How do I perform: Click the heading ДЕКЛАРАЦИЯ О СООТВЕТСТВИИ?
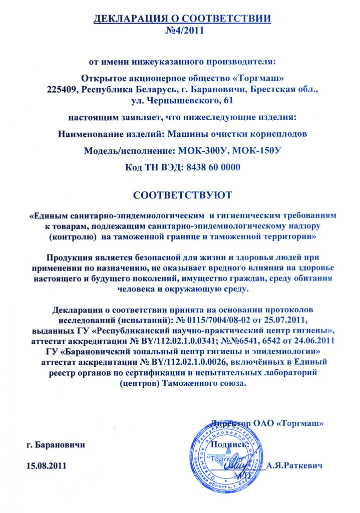[x=182, y=19]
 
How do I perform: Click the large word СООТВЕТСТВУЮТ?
[x=182, y=193]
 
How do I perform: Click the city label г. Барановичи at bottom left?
[x=56, y=444]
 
